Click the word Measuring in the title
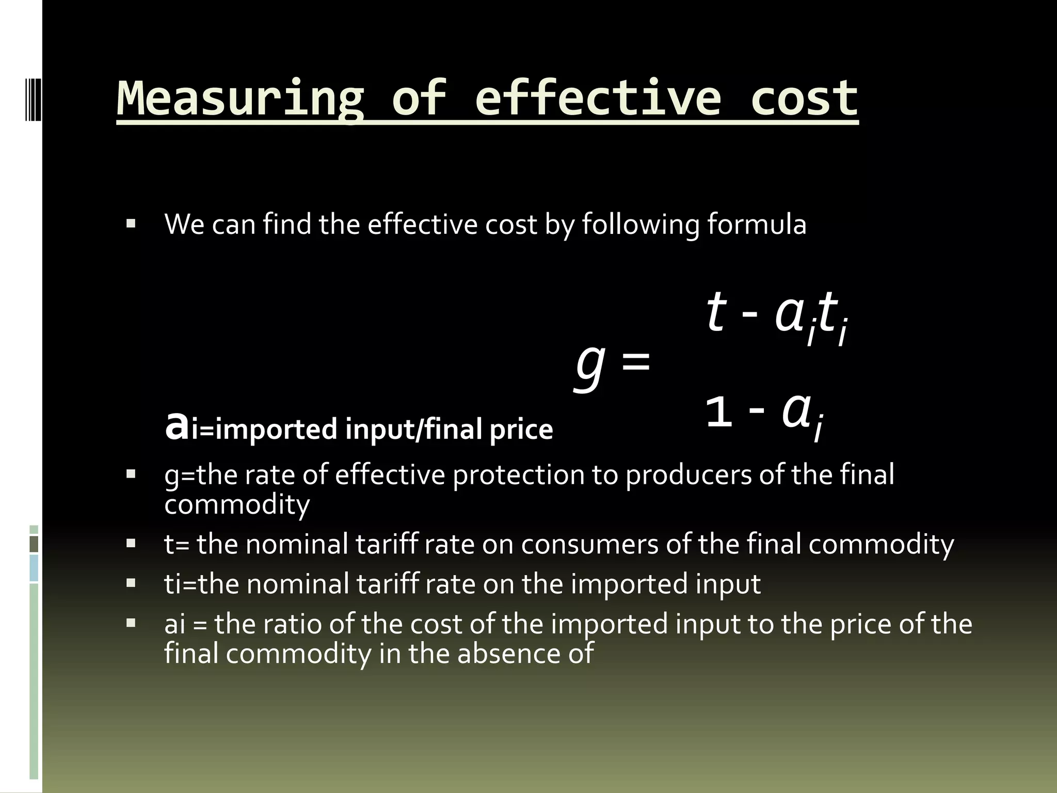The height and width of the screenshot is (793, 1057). tap(241, 98)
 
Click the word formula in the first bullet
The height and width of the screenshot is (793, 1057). tap(756, 225)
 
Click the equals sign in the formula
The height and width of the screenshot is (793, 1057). tap(636, 361)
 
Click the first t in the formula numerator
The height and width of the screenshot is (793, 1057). tap(716, 312)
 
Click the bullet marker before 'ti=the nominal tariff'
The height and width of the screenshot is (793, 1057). tap(131, 583)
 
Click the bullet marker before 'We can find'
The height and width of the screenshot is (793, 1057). tap(131, 224)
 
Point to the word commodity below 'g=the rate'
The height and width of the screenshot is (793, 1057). tap(237, 504)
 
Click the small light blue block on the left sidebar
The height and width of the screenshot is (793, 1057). tap(34, 568)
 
